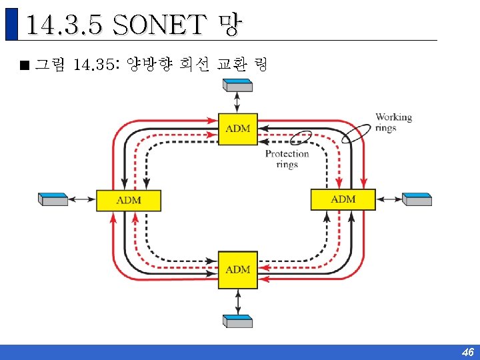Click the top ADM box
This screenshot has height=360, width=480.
coord(238,128)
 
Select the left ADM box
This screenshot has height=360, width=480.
coord(129,200)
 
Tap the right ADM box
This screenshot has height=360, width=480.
coord(343,199)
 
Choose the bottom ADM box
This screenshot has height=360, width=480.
coord(238,269)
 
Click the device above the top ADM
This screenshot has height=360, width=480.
coord(238,85)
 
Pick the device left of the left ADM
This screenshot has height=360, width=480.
coord(53,199)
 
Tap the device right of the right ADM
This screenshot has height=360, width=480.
coord(417,199)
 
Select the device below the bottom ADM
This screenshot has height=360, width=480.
coord(238,321)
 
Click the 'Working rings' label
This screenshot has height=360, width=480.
coord(393,122)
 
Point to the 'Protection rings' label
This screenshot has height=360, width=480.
coord(287,159)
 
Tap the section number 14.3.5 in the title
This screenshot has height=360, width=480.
coord(64,25)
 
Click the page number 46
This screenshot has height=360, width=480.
coord(467,352)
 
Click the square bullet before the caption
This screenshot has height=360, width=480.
coord(25,65)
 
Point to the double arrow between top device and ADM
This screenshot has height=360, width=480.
coord(238,102)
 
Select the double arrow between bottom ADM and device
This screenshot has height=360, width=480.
coord(238,301)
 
